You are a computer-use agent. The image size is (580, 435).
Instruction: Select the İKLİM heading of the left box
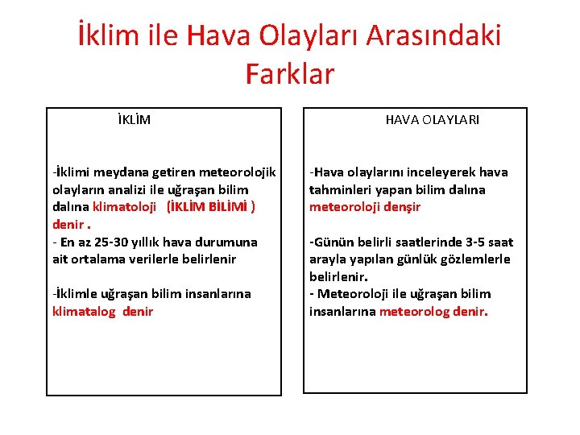click(134, 120)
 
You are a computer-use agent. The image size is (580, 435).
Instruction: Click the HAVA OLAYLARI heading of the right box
click(432, 120)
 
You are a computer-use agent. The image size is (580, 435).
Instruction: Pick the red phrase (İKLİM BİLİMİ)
click(211, 207)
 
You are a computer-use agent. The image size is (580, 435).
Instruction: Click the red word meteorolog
click(413, 311)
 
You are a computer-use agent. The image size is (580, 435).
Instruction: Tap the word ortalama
click(104, 259)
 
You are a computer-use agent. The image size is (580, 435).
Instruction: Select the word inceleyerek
click(438, 172)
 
